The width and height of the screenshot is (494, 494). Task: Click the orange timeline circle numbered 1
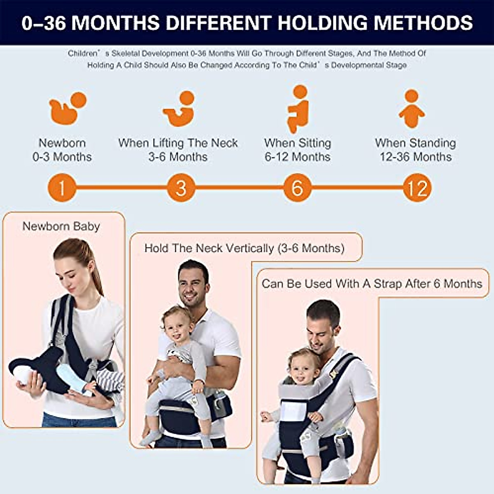tap(62, 188)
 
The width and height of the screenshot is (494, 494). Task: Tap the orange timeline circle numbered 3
tap(181, 188)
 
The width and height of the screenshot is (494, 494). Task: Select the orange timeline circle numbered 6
tap(297, 188)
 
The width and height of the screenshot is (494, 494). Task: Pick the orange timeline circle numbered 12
tap(417, 188)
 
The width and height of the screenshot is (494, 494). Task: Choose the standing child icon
tap(412, 109)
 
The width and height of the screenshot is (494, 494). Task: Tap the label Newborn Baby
tap(61, 226)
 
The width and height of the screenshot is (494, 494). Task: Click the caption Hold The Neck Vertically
tap(209, 248)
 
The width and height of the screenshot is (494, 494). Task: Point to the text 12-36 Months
tap(415, 157)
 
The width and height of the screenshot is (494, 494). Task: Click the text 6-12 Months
tap(297, 157)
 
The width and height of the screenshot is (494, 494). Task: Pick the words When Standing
tap(415, 143)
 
